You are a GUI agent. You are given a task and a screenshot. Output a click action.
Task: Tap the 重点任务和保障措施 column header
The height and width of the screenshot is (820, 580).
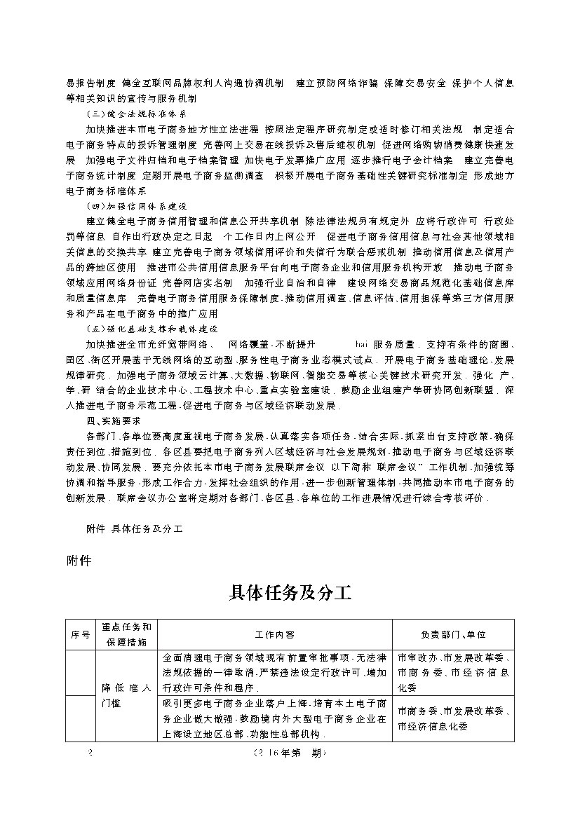[x=126, y=634]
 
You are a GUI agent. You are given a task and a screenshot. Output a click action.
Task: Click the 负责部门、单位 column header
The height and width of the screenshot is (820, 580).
[x=453, y=634]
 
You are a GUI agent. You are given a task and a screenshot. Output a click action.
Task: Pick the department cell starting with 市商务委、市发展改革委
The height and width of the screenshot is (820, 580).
[x=453, y=718]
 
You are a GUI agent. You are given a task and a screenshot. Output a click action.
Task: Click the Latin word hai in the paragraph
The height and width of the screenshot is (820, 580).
[x=362, y=344]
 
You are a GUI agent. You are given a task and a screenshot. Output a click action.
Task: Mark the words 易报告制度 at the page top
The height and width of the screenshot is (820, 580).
[x=90, y=83]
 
